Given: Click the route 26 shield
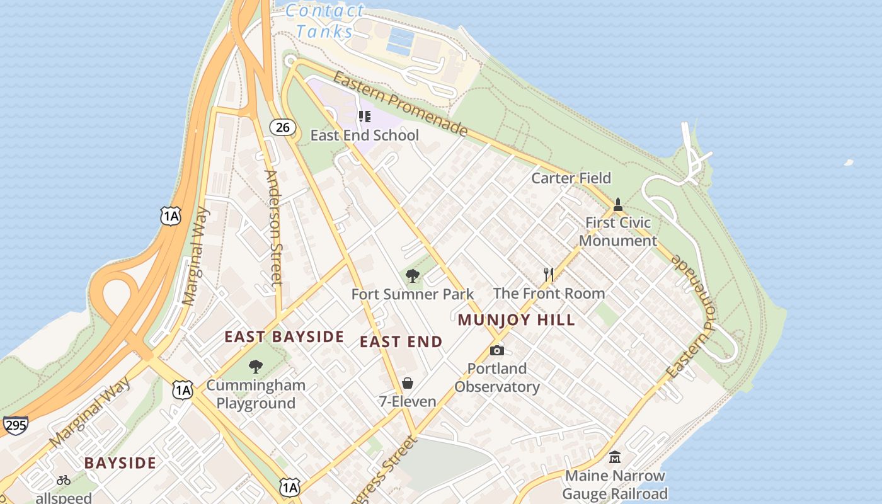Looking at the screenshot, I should tap(283, 127).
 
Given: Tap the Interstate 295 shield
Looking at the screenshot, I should tap(14, 425).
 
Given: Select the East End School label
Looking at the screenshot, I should tap(364, 135).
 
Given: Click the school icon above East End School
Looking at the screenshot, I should tap(364, 117).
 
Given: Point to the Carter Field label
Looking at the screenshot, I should tap(571, 178).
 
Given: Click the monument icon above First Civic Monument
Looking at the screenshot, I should tap(618, 205).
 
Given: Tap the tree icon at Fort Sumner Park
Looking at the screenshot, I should tap(413, 276).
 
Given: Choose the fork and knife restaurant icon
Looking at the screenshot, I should tap(549, 275).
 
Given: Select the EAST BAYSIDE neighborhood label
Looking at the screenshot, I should tap(284, 337).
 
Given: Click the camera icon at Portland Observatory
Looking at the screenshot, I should tap(497, 351).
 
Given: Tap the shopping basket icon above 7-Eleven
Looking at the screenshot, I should tap(408, 383).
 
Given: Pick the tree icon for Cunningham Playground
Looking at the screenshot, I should tap(255, 367).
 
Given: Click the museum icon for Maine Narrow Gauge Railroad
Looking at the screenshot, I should tap(614, 457).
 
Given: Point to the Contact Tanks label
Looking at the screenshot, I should tap(324, 21).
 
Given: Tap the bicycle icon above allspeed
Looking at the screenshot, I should tap(64, 480).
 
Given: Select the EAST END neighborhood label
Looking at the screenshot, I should tap(401, 342).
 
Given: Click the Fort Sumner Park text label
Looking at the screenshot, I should tap(412, 294).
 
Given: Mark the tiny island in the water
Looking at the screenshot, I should tap(848, 163).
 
